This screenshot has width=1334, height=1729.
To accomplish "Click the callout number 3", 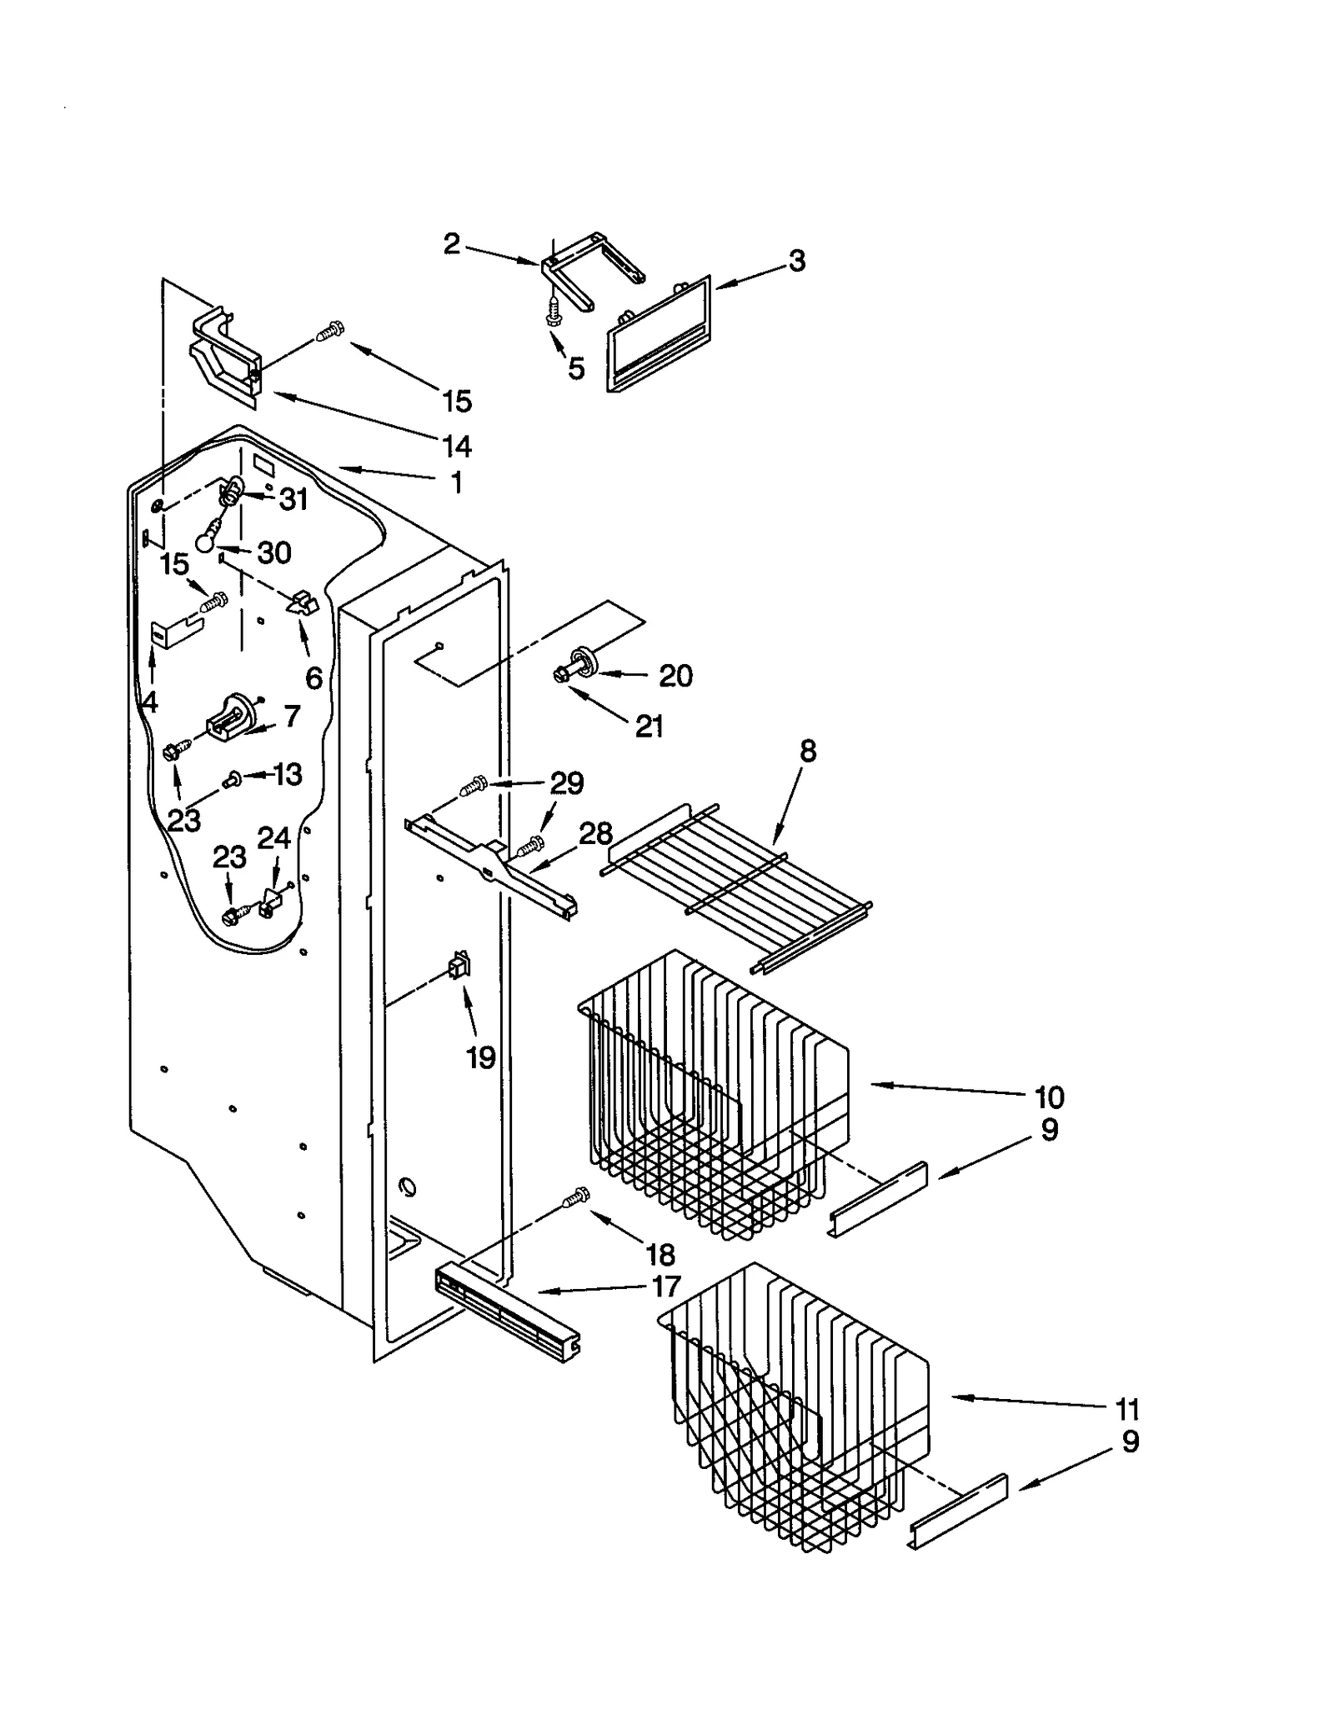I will tap(797, 261).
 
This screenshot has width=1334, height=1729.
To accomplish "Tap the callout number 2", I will tap(451, 244).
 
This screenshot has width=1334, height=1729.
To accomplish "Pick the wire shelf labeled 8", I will tap(738, 885).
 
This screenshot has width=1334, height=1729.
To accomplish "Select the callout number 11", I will tap(1126, 1409).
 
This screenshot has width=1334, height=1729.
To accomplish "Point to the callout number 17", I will tap(666, 1286).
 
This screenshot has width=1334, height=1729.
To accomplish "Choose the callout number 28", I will tap(595, 833).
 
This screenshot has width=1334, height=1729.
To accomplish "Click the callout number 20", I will tap(675, 675).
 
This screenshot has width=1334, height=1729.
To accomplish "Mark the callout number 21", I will tap(649, 727).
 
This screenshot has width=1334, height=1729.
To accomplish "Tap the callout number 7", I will tap(291, 716).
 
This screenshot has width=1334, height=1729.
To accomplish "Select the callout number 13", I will tap(288, 774).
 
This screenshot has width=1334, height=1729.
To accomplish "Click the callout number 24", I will tap(273, 837).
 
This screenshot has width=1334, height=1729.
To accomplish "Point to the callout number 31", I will tap(293, 499).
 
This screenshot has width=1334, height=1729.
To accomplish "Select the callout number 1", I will tap(456, 482).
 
